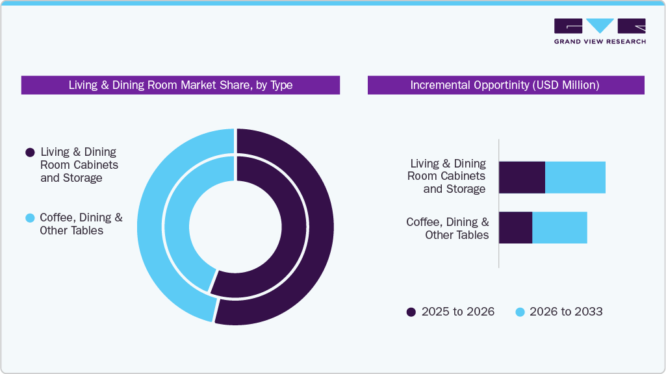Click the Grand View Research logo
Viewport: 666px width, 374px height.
point(600,26)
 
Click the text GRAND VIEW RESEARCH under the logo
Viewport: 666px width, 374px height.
point(600,42)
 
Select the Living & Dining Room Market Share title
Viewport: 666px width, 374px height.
point(180,85)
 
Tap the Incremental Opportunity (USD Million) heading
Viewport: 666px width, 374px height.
point(505,85)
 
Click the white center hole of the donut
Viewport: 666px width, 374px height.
point(235,227)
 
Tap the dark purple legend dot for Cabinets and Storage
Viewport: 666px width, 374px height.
point(29,153)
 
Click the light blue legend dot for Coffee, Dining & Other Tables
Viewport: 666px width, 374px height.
point(29,218)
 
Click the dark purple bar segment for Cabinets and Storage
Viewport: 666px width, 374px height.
point(522,177)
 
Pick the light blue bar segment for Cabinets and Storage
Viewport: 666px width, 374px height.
point(575,177)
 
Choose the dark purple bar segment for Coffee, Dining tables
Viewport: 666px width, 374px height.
point(515,227)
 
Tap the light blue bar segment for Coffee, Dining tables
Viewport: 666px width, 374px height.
point(559,227)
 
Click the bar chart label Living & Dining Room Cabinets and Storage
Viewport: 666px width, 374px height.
point(447,176)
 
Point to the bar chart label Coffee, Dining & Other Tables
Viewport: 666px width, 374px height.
point(448,229)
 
